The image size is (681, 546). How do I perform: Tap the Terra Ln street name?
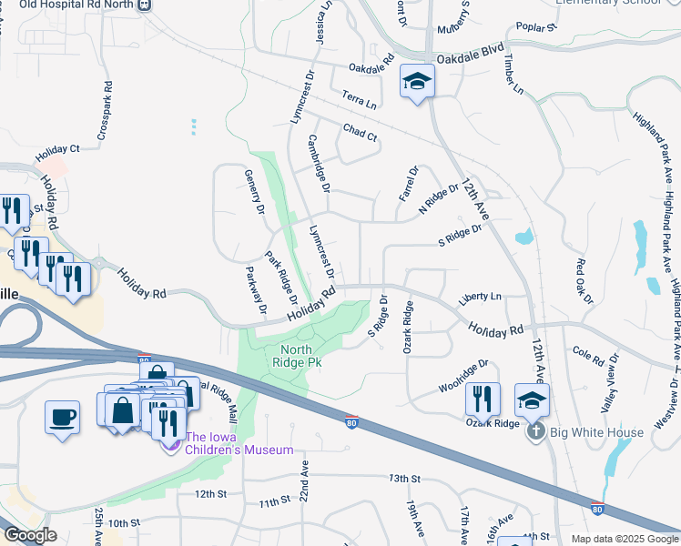coord(360,96)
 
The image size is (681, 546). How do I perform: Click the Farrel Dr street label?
coord(407,183)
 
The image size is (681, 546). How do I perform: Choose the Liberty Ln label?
coord(481,297)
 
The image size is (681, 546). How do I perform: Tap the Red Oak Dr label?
coord(584,281)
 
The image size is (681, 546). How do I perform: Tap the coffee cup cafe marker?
coord(62,418)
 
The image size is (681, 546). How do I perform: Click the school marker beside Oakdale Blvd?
coord(417,82)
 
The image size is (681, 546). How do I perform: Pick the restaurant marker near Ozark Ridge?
coord(483,399)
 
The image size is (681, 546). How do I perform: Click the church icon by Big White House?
coord(536,430)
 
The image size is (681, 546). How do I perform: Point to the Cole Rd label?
coord(588,355)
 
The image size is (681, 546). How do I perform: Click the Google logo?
coord(30,536)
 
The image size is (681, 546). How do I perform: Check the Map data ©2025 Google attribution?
coord(625,539)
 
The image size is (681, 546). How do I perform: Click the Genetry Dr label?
coord(253,192)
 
